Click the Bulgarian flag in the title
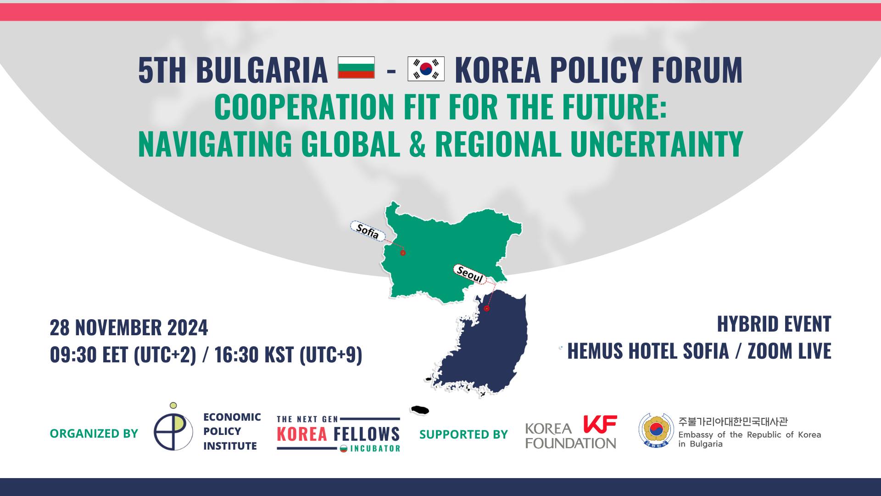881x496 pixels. (x=356, y=68)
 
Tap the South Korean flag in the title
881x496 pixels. (x=426, y=69)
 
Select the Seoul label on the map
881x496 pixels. (x=470, y=275)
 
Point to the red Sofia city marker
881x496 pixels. (x=403, y=253)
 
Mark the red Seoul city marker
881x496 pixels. (x=487, y=309)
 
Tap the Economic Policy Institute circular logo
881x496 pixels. (x=173, y=428)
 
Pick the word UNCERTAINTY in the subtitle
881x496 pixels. (x=657, y=143)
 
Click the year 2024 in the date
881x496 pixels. (x=187, y=328)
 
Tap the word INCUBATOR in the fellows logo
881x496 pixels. (x=375, y=449)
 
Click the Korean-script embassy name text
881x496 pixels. (x=733, y=421)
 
